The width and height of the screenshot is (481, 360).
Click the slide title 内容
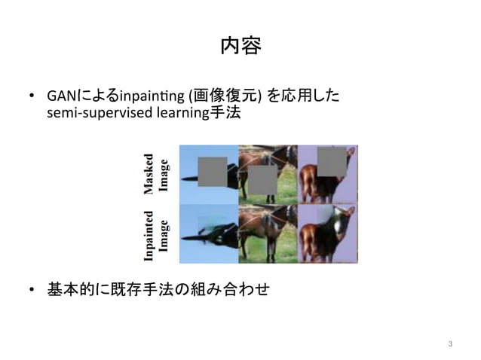240,47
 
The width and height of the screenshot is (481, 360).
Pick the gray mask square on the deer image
332,160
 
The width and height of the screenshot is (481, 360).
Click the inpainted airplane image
208,233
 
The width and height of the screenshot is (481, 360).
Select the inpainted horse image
268,233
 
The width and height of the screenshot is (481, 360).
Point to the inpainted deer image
327,233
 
